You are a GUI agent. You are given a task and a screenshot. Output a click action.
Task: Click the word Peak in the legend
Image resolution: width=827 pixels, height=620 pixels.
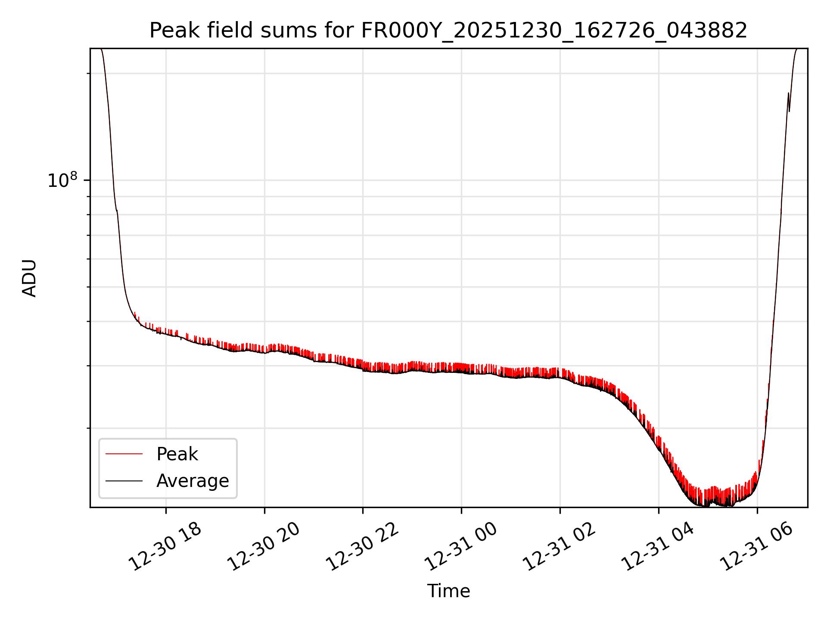point(177,454)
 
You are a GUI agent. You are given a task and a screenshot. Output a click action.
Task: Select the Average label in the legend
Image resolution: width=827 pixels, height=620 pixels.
point(193,481)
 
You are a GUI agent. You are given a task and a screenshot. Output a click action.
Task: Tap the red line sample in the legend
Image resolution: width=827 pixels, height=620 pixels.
point(124,454)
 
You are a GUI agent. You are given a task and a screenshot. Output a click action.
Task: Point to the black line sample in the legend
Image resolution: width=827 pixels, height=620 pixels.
point(124,481)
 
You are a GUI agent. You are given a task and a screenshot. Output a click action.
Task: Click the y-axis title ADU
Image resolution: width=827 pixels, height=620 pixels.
point(29,278)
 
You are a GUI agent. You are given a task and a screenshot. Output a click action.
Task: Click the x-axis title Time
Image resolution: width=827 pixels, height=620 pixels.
point(448,591)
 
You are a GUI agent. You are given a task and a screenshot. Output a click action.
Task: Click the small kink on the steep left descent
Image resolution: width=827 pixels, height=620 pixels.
point(117,211)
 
